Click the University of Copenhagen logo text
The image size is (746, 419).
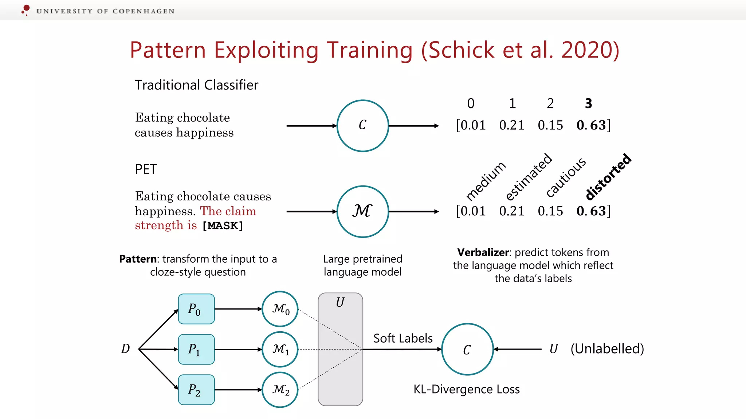click(105, 11)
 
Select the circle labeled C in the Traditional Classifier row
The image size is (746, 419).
click(362, 125)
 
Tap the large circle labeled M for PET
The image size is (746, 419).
click(362, 211)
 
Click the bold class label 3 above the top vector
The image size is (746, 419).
click(588, 104)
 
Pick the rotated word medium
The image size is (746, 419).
click(486, 181)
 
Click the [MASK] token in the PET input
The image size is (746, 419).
click(223, 226)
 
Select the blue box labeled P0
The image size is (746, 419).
click(196, 309)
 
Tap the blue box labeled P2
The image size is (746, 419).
click(196, 390)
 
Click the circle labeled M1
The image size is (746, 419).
click(280, 349)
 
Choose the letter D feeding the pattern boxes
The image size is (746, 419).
click(125, 348)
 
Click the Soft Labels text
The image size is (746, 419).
click(403, 338)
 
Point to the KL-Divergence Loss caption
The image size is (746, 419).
click(466, 389)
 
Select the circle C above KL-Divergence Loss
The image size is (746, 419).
click(467, 349)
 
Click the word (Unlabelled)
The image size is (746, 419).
click(607, 348)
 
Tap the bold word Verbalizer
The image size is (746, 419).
click(483, 252)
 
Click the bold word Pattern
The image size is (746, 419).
click(138, 259)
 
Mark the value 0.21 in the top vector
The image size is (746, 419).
click(511, 125)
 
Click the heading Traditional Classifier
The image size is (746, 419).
click(196, 85)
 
